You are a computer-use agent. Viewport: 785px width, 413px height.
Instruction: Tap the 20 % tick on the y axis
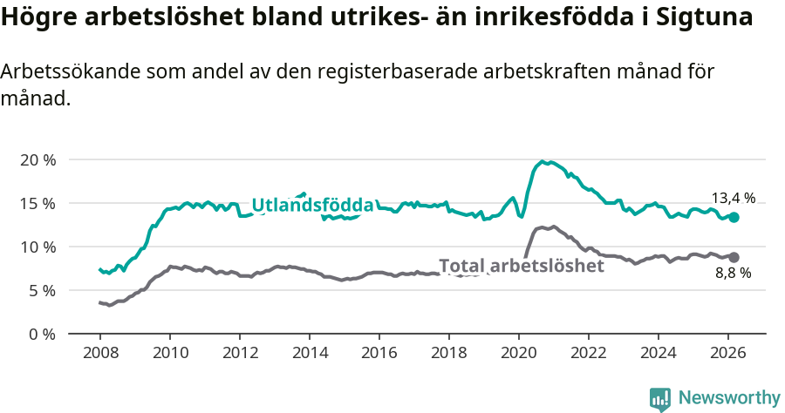point(37,160)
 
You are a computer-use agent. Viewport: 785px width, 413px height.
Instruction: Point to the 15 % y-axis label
point(37,204)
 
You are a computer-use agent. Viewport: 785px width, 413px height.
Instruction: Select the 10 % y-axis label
point(37,247)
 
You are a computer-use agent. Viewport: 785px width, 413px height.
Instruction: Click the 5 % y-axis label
point(41,290)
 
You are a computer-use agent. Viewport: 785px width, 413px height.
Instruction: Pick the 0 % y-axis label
point(41,334)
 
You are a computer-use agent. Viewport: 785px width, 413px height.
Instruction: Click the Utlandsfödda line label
point(312,205)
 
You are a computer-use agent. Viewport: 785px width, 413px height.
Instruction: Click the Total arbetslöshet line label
point(521,266)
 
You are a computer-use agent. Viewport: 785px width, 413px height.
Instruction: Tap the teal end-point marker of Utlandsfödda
point(734,217)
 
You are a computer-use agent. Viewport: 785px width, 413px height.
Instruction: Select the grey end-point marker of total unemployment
point(734,257)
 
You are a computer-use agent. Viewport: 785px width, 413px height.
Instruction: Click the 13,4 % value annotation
point(734,198)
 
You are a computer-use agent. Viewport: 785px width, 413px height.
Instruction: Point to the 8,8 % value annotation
point(734,274)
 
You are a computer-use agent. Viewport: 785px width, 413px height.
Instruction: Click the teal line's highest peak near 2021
point(543,161)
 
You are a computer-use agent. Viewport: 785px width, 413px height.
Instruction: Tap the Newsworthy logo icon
point(660,399)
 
